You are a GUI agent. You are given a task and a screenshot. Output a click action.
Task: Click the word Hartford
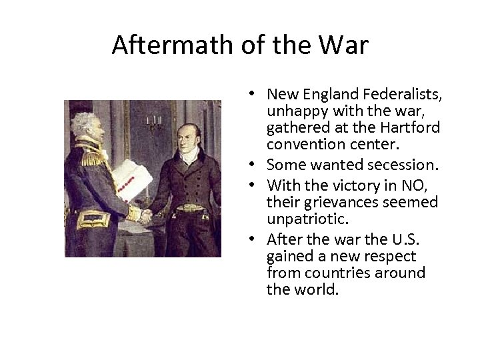tap(411, 127)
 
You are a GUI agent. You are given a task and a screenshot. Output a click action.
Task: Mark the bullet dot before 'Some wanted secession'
tap(257, 165)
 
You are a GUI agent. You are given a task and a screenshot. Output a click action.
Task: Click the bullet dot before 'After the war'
tap(257, 239)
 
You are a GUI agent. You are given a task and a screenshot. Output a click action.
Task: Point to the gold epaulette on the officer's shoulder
tap(91, 153)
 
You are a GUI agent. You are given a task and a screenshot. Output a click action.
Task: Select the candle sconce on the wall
tap(153, 124)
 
